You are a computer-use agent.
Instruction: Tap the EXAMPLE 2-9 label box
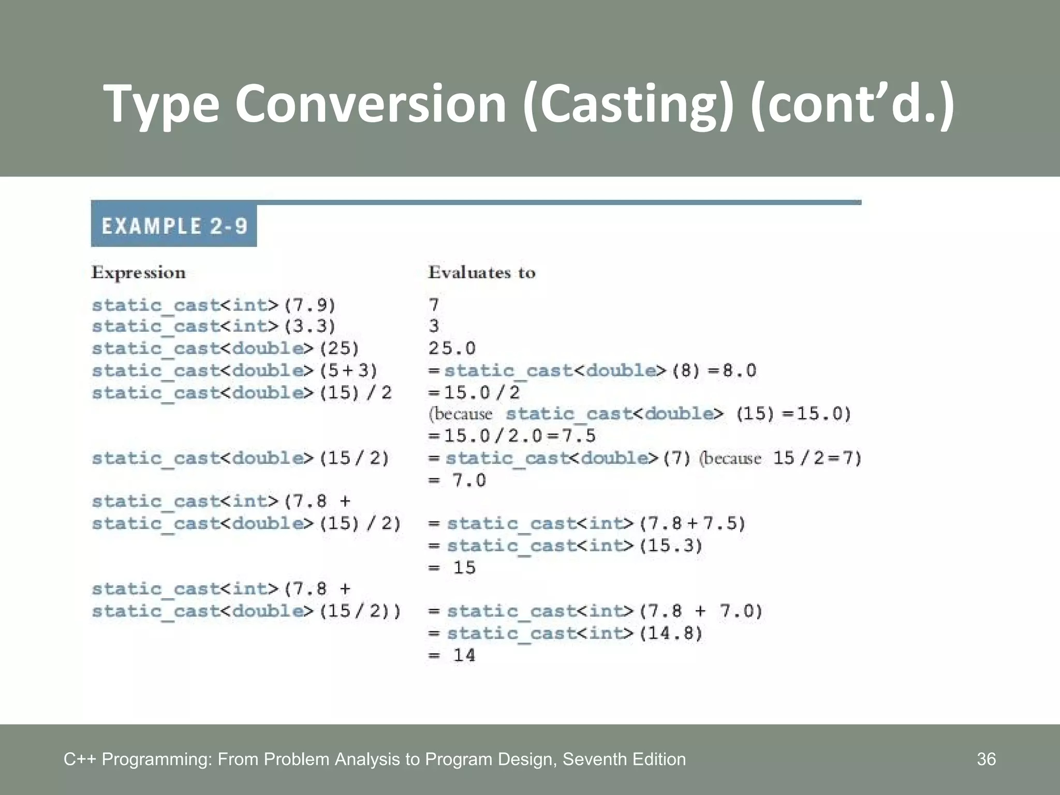pos(174,226)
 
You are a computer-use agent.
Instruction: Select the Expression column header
pos(138,273)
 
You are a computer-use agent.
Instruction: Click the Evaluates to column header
pos(481,273)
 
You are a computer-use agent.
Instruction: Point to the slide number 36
pos(986,759)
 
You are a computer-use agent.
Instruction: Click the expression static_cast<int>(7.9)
pos(214,305)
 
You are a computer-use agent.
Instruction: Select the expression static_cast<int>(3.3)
pos(214,327)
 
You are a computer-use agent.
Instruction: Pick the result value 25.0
pos(452,348)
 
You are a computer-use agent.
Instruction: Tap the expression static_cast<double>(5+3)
pos(234,371)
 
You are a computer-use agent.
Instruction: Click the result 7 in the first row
pos(434,305)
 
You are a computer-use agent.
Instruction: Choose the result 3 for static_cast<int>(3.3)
pos(434,326)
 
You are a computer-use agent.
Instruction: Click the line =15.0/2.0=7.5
pos(512,436)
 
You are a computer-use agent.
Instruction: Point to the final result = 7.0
pos(457,480)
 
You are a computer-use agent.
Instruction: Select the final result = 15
pos(452,568)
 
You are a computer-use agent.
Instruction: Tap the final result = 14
pos(452,655)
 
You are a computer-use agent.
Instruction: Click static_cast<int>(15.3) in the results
pos(575,546)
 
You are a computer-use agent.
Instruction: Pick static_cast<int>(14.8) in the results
pos(575,634)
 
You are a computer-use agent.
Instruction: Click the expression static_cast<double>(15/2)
pos(240,459)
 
